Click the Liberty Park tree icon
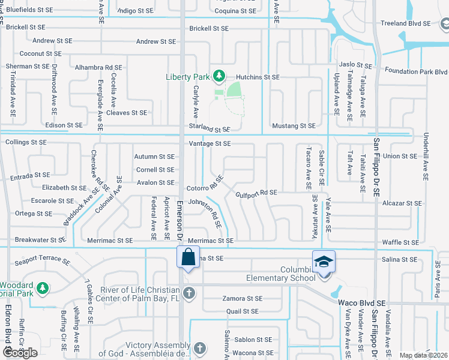coord(220,75)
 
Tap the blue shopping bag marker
coord(188,257)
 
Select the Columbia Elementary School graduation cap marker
coord(324,262)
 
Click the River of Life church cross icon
coord(189,293)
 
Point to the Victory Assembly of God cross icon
coord(200,347)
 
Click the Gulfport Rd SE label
coord(256,193)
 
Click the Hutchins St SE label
coord(258,77)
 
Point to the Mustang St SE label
coord(294,126)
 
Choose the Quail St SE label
coord(242,311)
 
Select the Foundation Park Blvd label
coord(417,71)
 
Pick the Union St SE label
coord(400,156)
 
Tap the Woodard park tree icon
coord(42,289)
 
